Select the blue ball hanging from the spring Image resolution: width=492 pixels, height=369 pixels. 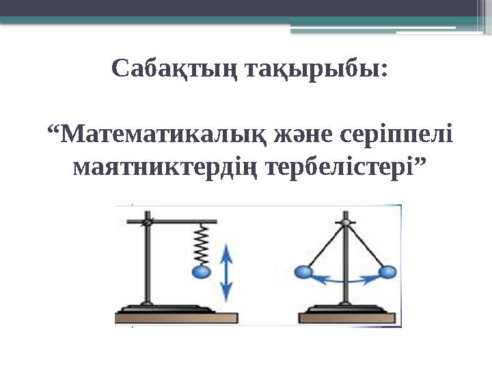(x=202, y=273)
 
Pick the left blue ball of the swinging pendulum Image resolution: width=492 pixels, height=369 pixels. (x=302, y=272)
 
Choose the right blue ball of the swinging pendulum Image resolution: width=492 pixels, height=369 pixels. (x=387, y=273)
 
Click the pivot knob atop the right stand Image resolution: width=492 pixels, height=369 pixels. (x=346, y=223)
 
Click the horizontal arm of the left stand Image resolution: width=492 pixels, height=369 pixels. (x=181, y=221)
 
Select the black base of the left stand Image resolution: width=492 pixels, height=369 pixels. (x=147, y=307)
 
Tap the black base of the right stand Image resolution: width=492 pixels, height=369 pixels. (x=346, y=307)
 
